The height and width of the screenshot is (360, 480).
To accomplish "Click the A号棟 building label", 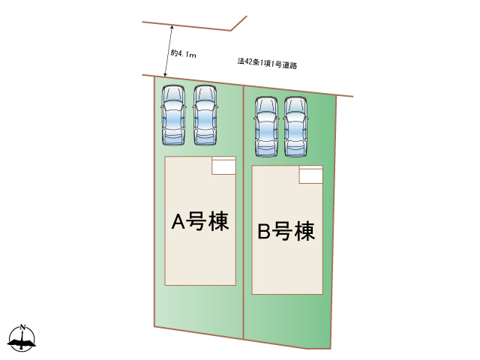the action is click(x=200, y=221).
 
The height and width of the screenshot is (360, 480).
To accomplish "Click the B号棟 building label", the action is click(x=286, y=231).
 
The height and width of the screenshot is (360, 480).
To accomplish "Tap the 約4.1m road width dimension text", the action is click(x=183, y=54).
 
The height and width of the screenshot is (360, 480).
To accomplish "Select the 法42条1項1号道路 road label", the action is click(x=267, y=63).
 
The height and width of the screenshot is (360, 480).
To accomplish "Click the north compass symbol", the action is click(x=22, y=338).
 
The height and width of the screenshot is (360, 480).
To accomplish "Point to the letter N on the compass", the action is click(x=22, y=327).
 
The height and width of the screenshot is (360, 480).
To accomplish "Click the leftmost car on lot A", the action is click(x=173, y=115).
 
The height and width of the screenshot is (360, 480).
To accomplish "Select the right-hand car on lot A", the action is click(x=205, y=115).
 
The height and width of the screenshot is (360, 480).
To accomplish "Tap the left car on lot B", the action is click(x=267, y=127).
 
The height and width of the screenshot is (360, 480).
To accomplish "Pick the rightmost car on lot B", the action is click(x=295, y=127).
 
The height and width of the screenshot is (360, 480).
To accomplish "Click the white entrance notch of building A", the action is click(x=223, y=166).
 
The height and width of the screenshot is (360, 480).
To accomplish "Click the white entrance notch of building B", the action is click(x=310, y=175).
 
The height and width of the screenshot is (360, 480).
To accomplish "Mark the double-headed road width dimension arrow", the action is click(x=169, y=51).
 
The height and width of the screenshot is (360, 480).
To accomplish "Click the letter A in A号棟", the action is click(x=178, y=221).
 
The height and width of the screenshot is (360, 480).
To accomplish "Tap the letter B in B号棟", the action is click(x=264, y=232).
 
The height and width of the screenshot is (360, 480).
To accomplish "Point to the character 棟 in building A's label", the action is click(x=218, y=221).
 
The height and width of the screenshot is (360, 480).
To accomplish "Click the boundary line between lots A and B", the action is click(x=243, y=212).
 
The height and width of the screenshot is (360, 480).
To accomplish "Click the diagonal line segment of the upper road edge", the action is click(x=238, y=23).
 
